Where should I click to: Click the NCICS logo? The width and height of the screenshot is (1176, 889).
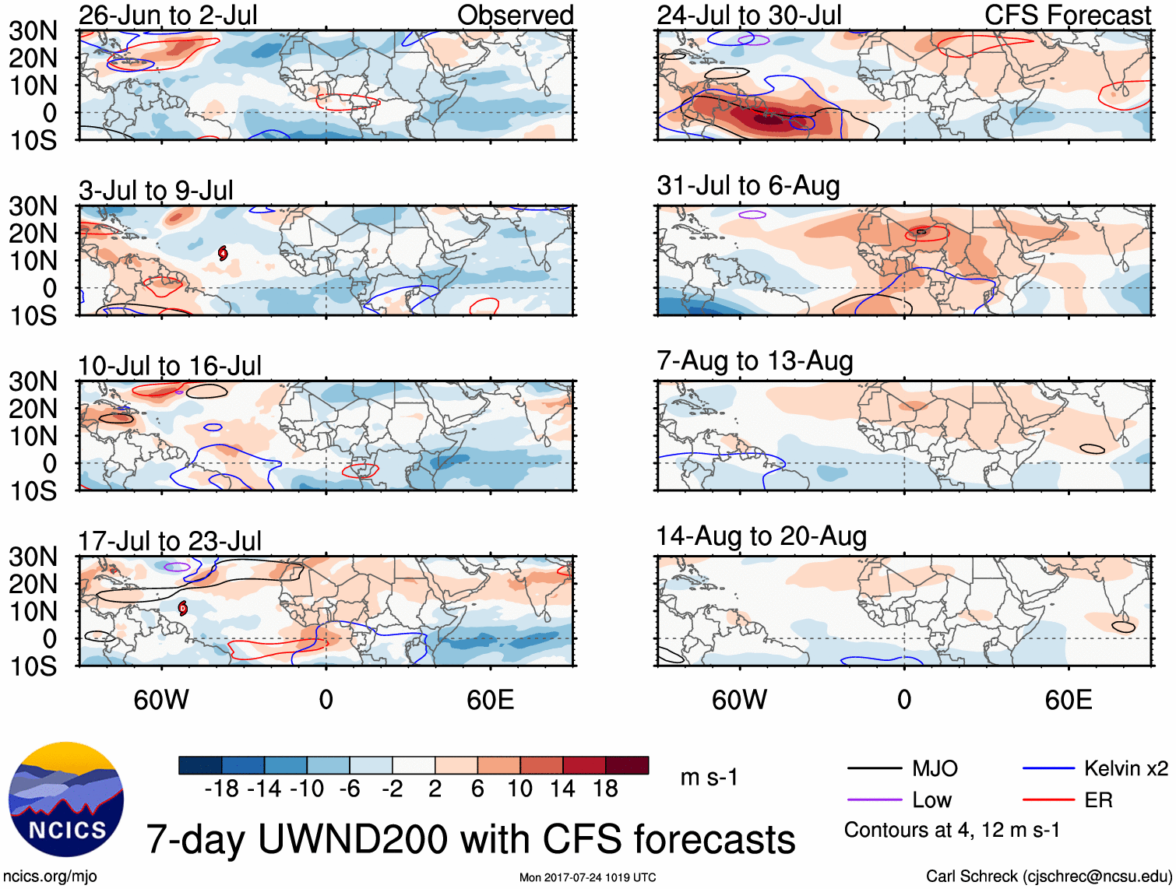tap(66, 800)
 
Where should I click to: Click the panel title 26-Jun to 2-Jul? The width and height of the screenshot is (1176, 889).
tap(167, 15)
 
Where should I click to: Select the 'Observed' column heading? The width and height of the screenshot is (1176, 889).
tap(515, 15)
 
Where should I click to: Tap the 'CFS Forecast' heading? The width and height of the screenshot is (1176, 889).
tap(1067, 15)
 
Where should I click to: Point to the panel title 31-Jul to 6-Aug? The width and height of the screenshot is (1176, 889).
tap(748, 186)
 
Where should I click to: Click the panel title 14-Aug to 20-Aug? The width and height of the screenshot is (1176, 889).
tap(761, 536)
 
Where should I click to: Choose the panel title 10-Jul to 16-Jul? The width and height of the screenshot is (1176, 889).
tap(169, 366)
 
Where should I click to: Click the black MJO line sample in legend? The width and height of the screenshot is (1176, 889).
tap(874, 769)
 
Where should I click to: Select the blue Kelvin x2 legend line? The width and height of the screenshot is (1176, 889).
tap(1048, 769)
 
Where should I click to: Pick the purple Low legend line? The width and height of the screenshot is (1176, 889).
tap(874, 800)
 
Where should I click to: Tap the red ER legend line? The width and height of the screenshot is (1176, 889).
tap(1048, 800)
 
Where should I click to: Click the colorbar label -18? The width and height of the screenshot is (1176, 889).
tap(222, 789)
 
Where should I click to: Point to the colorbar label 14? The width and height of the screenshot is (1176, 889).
tap(562, 789)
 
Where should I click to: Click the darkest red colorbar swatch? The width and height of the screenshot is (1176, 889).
tap(627, 765)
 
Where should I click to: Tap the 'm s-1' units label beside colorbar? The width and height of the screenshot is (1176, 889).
tap(709, 777)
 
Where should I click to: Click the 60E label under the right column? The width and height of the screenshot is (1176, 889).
tap(1068, 700)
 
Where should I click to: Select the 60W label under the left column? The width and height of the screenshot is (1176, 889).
tap(161, 700)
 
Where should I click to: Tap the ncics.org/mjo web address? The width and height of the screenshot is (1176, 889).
tap(49, 877)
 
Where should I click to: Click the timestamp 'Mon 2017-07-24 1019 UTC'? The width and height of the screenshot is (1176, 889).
tap(587, 878)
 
